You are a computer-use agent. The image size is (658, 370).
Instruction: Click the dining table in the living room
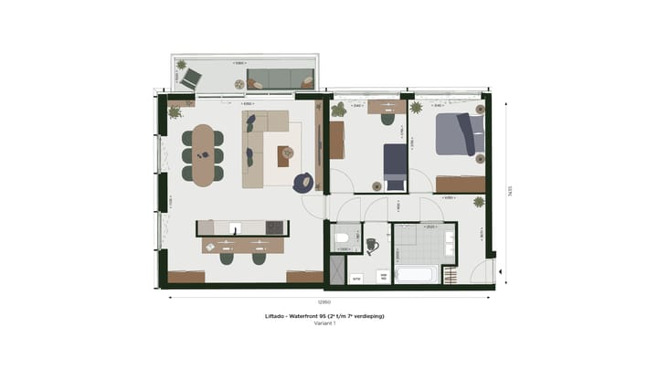[x=202, y=155]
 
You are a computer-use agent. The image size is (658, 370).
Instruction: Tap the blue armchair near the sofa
[x=302, y=183]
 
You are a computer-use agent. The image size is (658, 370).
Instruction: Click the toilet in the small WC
[x=342, y=238]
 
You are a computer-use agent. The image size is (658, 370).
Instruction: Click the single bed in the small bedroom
[x=395, y=163]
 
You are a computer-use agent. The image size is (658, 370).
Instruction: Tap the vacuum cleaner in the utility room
[x=372, y=245]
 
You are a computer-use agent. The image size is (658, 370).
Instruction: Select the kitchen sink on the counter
[x=236, y=227]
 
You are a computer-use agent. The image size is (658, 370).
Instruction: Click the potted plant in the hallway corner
[x=479, y=205]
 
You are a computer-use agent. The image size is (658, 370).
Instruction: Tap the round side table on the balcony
[x=240, y=84]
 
